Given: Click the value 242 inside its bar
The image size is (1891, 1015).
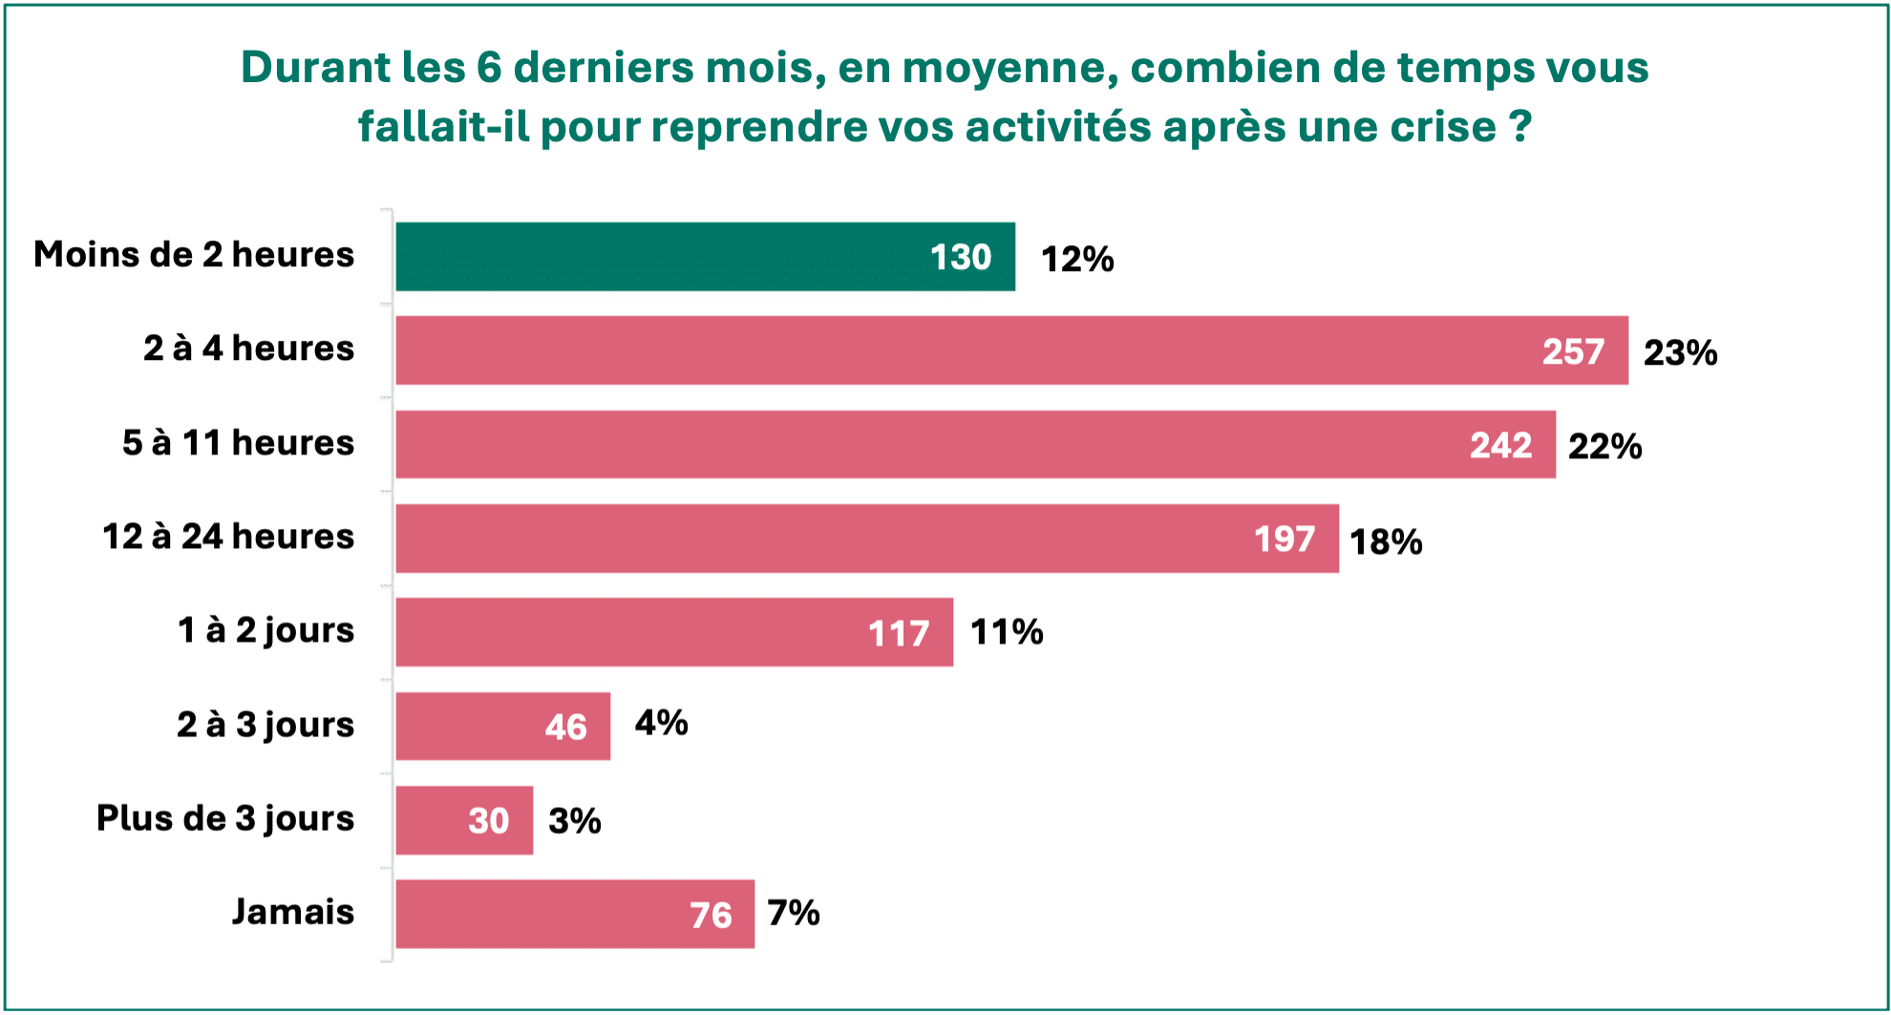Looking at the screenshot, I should click(1500, 445).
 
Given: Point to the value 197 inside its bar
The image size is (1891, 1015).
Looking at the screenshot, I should click(1285, 539).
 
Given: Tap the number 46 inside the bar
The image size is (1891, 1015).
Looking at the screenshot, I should click(565, 727).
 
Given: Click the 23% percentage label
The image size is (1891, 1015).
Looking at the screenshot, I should click(1680, 352).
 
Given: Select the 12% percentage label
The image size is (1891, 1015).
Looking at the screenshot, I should click(1076, 259).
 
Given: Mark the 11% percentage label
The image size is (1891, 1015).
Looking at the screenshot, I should click(1007, 631).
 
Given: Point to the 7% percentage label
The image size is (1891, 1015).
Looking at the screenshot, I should click(793, 913).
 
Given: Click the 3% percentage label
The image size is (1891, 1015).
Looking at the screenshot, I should click(574, 820).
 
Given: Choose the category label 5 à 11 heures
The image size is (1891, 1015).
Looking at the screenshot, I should click(238, 443).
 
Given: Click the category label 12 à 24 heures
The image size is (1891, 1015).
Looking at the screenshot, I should click(227, 537).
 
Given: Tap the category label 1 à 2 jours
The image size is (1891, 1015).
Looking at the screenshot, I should click(266, 630).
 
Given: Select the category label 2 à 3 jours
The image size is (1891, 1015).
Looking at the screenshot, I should click(266, 725).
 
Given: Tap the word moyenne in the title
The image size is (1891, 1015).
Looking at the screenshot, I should click(1009, 68).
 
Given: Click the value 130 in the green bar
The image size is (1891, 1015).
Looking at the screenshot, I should click(960, 257).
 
